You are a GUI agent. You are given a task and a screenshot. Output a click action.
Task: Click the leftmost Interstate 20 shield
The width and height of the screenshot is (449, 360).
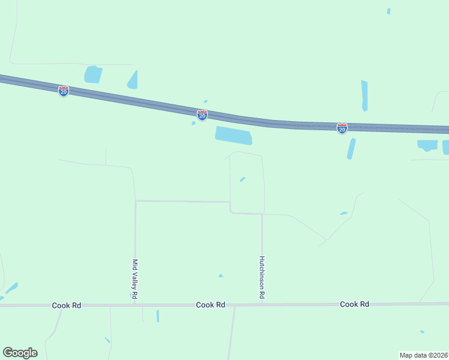tap(64, 91)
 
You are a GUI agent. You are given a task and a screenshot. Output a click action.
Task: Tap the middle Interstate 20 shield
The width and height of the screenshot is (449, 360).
tap(202, 115)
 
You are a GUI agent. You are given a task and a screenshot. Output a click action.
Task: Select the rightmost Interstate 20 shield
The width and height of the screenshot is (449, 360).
tap(342, 128)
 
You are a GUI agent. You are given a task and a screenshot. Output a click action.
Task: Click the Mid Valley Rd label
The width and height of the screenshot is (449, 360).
tap(135, 279)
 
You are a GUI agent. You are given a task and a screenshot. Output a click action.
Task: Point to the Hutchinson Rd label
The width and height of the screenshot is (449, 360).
tap(262, 278)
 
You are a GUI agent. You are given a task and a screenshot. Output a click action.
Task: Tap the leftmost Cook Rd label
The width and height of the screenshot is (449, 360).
tap(67, 305)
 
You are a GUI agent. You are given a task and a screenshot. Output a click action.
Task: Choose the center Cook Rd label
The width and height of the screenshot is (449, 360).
tap(211, 305)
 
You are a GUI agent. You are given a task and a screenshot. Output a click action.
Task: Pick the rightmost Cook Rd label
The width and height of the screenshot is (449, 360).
tap(354, 304)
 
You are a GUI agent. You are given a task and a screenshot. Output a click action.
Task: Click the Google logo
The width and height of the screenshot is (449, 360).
tap(20, 353)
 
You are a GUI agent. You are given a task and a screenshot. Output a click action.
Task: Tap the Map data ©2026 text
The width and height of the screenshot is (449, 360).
tap(424, 355)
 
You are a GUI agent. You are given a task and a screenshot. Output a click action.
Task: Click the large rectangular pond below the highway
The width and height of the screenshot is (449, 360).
tap(234, 135)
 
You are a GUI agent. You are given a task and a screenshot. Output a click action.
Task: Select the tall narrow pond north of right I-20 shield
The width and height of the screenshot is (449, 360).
tap(364, 95)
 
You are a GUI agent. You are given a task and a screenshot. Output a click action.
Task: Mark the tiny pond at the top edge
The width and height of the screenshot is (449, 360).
tap(389, 11)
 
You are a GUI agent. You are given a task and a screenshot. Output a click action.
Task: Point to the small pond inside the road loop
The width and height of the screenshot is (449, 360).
tap(243, 179)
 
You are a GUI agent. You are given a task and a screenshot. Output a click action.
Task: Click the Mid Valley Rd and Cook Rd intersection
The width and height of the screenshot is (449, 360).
tap(135, 305)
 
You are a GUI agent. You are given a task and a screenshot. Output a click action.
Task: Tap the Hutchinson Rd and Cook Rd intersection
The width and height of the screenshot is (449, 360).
tap(262, 305)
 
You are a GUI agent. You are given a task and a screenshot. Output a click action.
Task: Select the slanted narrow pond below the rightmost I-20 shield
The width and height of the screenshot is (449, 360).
tap(351, 149)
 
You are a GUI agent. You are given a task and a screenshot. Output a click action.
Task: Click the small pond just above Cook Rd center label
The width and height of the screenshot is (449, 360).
tap(221, 276)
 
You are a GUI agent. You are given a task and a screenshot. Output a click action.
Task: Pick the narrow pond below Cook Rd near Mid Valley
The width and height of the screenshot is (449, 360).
tap(158, 316)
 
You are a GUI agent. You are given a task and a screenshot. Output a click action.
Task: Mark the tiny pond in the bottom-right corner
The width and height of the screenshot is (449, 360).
tap(423, 332)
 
